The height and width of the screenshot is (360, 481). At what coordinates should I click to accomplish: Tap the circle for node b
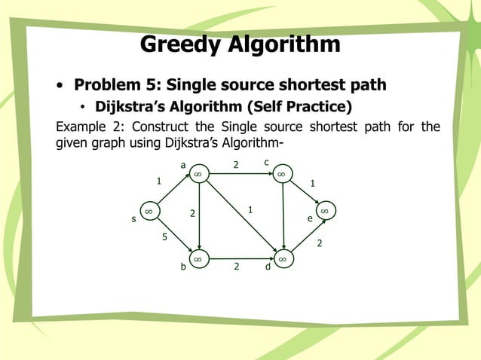click(x=198, y=259)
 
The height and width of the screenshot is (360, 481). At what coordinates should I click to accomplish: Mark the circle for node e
click(x=324, y=212)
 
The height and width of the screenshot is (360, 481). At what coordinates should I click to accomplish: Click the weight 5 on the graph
click(x=164, y=238)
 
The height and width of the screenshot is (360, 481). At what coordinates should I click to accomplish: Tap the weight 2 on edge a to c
click(x=235, y=164)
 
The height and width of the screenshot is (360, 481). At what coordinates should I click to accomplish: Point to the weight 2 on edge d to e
click(x=320, y=243)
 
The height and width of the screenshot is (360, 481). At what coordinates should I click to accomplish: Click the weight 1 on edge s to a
click(x=158, y=181)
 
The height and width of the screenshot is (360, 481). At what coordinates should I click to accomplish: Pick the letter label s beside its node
click(x=133, y=220)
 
